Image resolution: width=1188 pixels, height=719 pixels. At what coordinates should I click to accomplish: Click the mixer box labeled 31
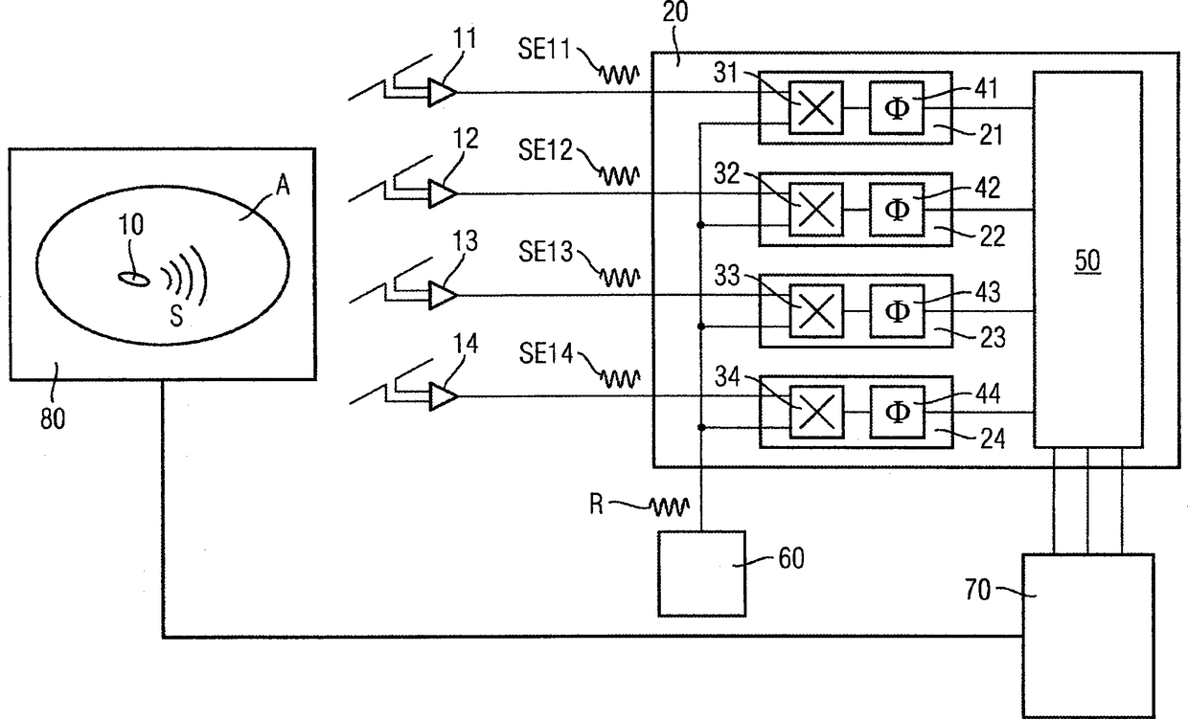815,107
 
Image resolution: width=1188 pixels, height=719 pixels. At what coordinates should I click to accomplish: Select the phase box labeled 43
897,311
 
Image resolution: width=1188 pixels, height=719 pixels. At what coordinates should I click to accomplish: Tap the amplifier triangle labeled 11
443,93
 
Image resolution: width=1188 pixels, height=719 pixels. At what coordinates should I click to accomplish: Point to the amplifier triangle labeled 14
443,396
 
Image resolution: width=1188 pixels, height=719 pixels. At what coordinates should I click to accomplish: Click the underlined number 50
1087,260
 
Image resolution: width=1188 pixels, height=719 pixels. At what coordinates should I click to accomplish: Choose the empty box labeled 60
701,573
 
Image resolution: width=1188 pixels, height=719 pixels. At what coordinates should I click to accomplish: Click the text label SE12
545,150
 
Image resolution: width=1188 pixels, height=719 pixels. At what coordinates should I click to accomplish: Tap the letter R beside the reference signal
596,504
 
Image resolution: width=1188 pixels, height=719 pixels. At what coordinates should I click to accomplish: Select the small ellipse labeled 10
134,279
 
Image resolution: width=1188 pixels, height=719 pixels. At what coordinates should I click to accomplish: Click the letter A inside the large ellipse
283,186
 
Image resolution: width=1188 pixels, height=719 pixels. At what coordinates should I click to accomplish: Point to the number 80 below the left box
53,418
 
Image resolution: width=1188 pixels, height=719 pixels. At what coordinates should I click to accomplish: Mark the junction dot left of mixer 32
700,225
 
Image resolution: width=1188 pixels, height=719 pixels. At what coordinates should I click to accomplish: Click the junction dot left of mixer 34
701,427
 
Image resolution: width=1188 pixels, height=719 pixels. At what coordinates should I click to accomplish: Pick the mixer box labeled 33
816,311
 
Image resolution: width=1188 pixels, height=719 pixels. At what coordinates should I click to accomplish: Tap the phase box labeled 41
897,107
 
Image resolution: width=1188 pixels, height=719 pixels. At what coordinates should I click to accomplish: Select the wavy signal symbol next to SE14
620,379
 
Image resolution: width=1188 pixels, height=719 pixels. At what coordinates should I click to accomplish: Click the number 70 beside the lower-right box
977,590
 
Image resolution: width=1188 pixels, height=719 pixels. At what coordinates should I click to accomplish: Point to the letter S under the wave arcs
176,316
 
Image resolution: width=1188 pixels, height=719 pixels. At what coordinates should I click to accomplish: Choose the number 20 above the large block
675,11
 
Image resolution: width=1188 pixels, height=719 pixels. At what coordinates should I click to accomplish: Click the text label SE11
544,49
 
